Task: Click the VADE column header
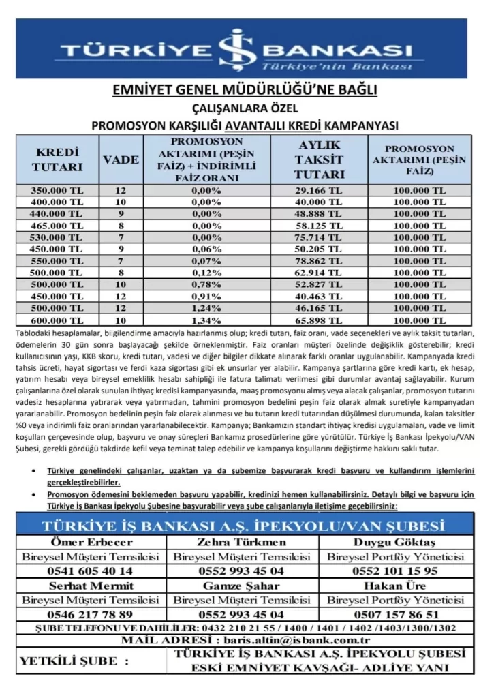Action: click(121, 160)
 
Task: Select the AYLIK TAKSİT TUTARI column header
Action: click(319, 160)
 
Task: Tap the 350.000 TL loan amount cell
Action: click(57, 190)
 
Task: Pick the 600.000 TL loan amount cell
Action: click(57, 320)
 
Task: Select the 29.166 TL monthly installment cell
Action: click(319, 190)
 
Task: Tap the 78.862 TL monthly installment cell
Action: click(319, 261)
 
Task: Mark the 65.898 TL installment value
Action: click(319, 320)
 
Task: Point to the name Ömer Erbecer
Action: click(90, 543)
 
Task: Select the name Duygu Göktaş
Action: click(394, 543)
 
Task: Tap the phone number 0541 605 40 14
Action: click(90, 571)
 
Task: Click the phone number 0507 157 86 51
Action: click(394, 614)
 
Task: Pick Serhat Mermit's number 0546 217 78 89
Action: click(90, 614)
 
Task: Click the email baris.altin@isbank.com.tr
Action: click(293, 640)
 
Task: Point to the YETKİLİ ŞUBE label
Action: click(74, 661)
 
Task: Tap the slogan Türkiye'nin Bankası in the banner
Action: click(337, 67)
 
